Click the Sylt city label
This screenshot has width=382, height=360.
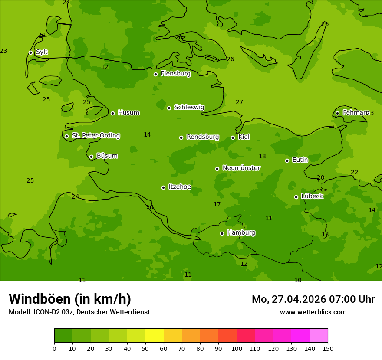(x=42, y=52)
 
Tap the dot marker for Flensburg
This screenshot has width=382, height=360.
(x=155, y=74)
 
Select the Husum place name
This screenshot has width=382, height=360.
(x=128, y=113)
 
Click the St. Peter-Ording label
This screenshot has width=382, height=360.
(x=95, y=136)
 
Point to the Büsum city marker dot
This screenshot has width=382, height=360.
(x=91, y=157)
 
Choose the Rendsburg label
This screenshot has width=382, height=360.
(x=203, y=137)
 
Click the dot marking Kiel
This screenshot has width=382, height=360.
(x=233, y=137)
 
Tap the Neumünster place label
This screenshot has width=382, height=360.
(x=241, y=168)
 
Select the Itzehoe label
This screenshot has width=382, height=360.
(x=180, y=187)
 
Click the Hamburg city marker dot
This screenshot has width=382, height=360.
(x=222, y=233)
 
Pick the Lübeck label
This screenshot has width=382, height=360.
(x=312, y=196)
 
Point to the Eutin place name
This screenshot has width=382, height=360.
(x=300, y=160)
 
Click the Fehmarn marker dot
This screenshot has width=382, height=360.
(x=337, y=113)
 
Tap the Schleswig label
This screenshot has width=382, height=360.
(x=189, y=107)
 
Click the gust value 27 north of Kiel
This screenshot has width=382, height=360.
(x=239, y=102)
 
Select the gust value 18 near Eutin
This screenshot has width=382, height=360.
(x=262, y=157)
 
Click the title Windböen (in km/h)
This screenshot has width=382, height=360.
(x=70, y=299)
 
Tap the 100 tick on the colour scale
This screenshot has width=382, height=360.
(x=237, y=348)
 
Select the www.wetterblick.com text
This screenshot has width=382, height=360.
(x=313, y=312)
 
